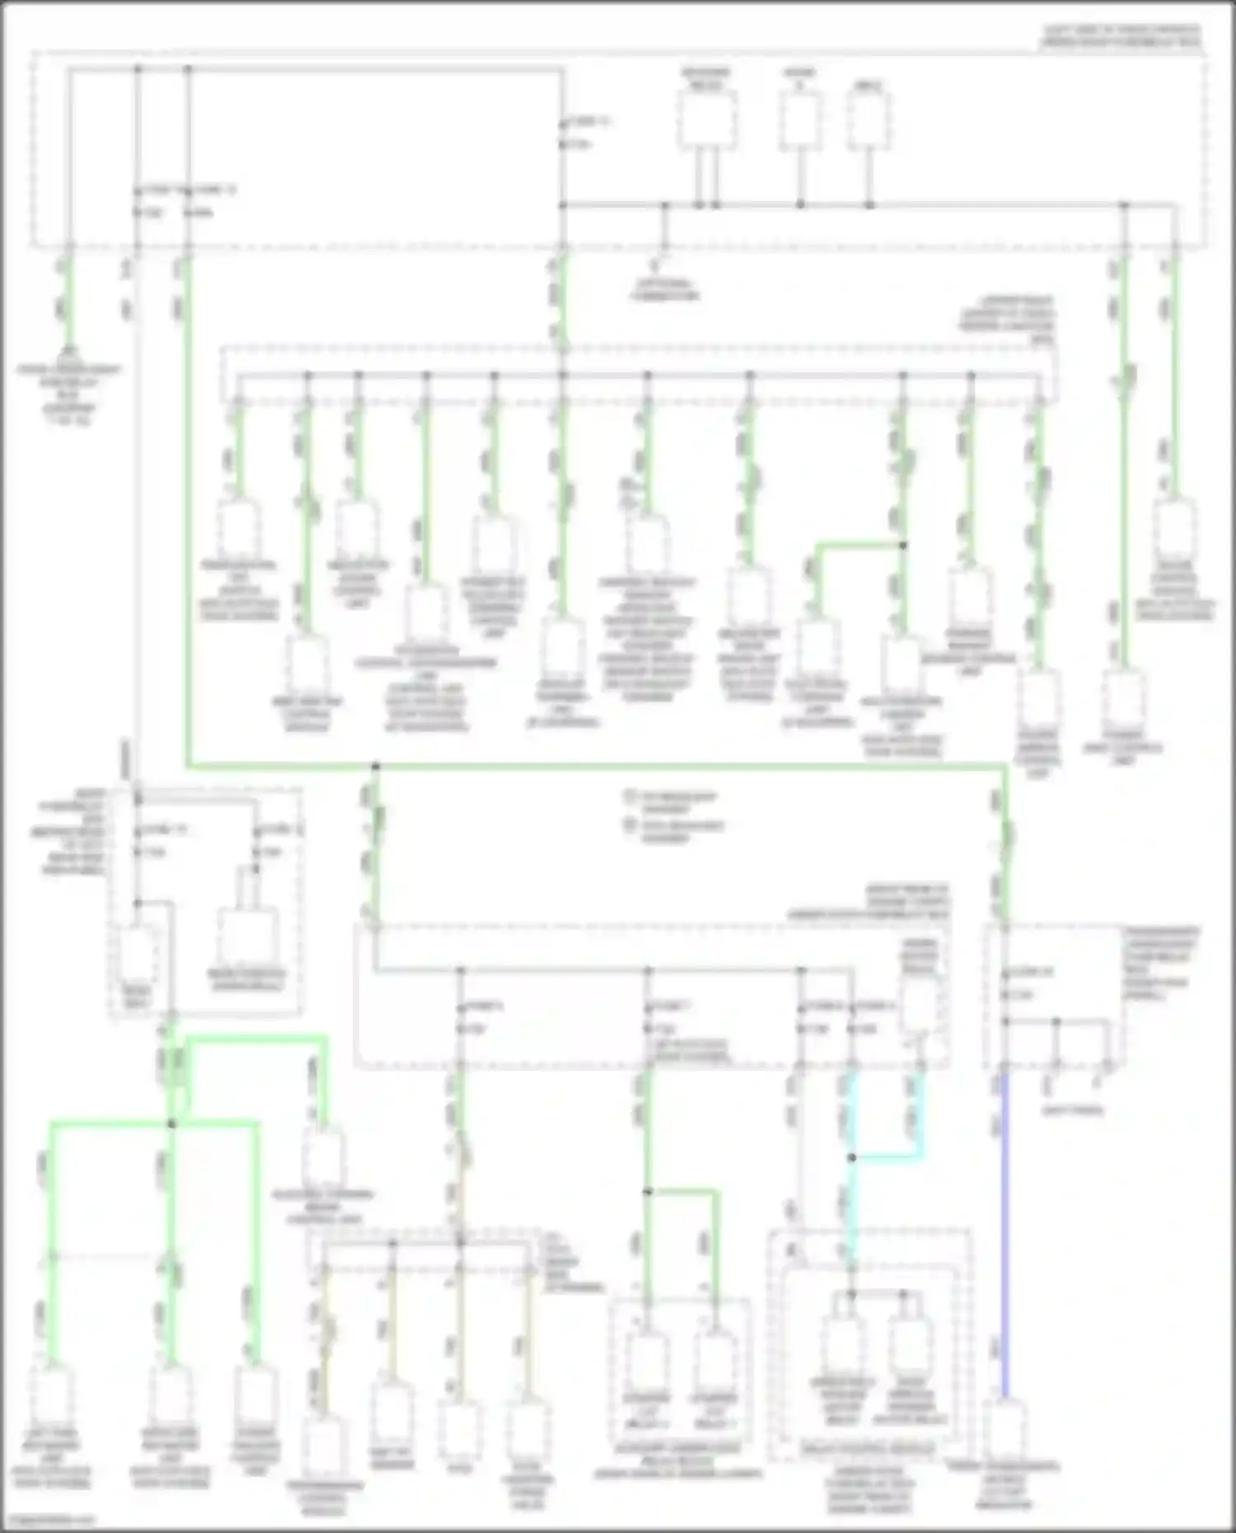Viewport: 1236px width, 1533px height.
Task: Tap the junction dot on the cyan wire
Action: [x=852, y=1157]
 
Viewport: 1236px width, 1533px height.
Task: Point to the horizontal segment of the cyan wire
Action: [x=886, y=1157]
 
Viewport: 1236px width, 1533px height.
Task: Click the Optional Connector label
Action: [x=665, y=289]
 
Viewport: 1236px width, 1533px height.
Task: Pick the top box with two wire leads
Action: [x=707, y=120]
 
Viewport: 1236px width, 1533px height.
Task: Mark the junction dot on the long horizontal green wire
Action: [x=375, y=767]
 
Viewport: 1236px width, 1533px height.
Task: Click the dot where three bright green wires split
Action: [x=171, y=1124]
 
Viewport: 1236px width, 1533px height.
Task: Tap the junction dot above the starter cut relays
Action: [x=648, y=1191]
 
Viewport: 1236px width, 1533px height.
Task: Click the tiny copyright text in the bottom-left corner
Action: [x=48, y=1520]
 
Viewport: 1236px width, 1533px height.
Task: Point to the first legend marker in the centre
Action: [x=632, y=797]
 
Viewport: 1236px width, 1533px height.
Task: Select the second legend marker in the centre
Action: [x=632, y=825]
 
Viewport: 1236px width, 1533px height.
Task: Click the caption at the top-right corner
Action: [x=1121, y=35]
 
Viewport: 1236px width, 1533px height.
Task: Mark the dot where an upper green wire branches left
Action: [x=902, y=544]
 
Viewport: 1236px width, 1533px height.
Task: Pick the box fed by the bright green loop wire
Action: [x=322, y=1157]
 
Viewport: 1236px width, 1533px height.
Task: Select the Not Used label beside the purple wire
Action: [x=1072, y=1110]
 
